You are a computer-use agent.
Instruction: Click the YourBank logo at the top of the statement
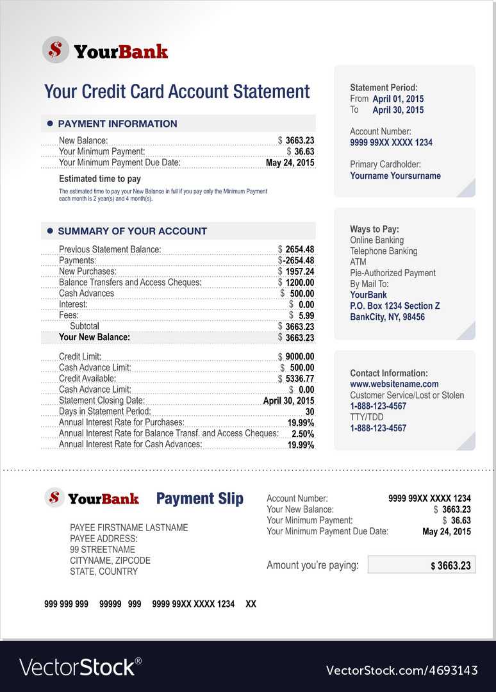pos(105,50)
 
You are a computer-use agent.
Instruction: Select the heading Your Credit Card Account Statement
pos(177,92)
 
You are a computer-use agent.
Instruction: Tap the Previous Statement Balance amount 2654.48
pos(300,249)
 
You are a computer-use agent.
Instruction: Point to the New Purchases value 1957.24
pos(300,272)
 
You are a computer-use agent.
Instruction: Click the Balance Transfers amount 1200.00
pos(300,283)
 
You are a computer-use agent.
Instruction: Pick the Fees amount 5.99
pos(306,315)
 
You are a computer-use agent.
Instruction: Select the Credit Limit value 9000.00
pos(300,357)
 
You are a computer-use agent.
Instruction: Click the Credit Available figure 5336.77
pos(300,379)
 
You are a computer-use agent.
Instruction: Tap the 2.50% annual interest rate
pos(302,434)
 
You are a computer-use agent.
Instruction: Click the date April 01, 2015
pos(398,99)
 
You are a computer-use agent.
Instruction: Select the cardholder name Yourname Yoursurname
pos(395,176)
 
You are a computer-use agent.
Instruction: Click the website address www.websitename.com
pos(394,384)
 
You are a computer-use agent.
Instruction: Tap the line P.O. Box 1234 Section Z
pos(395,306)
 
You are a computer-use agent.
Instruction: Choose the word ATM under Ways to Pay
pos(359,262)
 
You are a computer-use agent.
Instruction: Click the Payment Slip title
pos(200,498)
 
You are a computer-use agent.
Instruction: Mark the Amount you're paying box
pos(422,564)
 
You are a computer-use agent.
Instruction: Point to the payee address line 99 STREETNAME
pos(103,550)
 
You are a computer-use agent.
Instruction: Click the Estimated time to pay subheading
pos(100,179)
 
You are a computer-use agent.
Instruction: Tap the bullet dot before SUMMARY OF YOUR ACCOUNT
pos(50,231)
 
